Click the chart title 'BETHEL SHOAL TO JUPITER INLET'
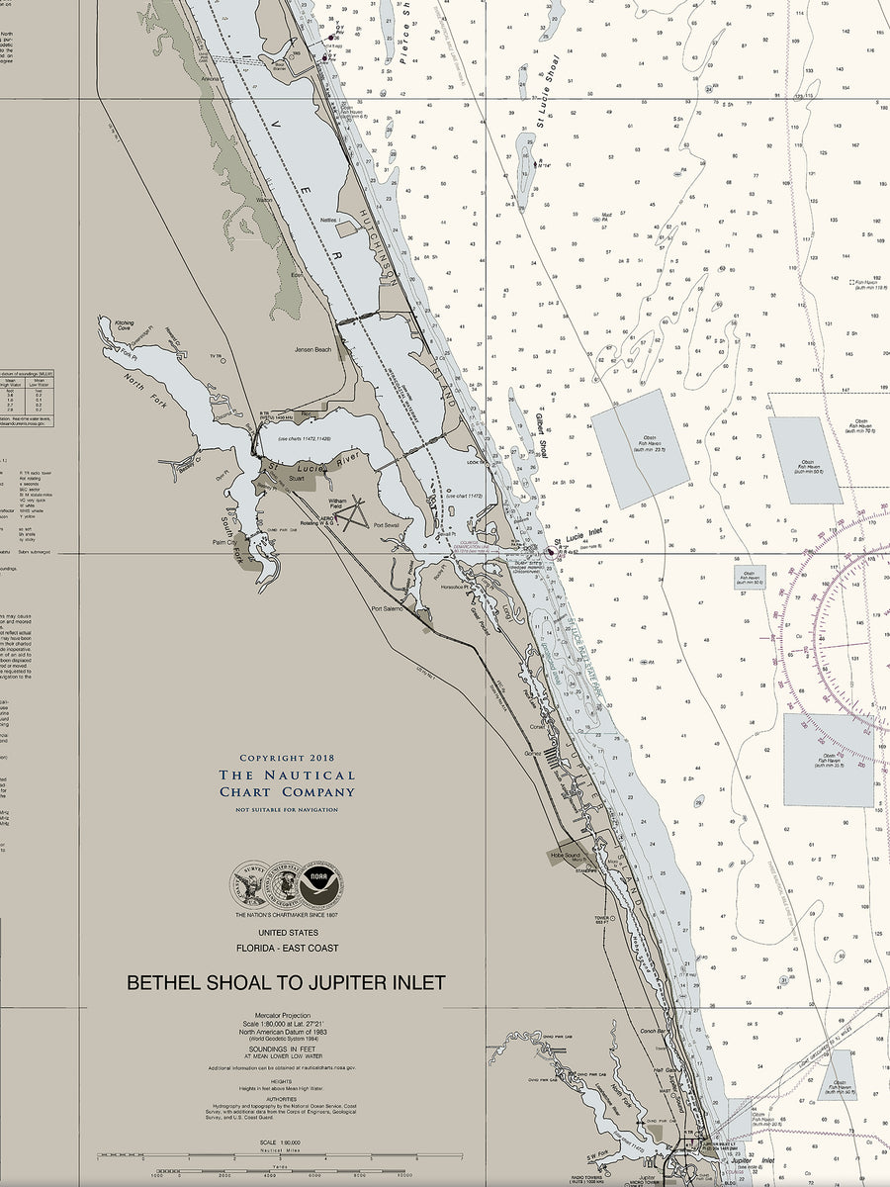(286, 983)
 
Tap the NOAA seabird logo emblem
(315, 882)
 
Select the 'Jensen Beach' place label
(313, 350)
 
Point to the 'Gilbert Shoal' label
(541, 435)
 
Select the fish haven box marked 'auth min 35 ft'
(829, 759)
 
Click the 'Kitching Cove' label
(125, 325)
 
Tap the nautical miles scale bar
(280, 1155)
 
